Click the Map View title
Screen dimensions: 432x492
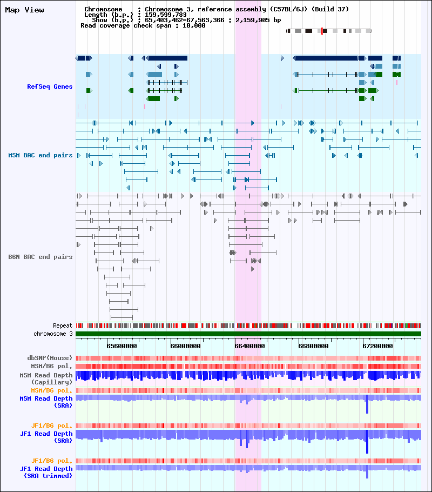(x=24, y=10)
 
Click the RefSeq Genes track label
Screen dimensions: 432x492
(x=50, y=87)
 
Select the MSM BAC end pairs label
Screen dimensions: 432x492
(x=40, y=155)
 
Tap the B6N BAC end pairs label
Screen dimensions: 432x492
(x=40, y=257)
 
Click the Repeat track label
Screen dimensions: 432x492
(x=63, y=325)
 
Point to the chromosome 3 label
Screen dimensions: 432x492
(x=53, y=334)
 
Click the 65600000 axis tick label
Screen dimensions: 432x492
(x=122, y=346)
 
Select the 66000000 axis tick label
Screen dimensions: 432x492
(x=186, y=346)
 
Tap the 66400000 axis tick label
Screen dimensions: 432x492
(x=249, y=346)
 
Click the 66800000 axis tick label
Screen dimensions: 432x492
(x=314, y=346)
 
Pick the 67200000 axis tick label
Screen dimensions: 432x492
(x=377, y=346)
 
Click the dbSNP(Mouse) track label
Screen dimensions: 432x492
(x=50, y=358)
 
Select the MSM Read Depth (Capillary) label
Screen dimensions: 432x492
(x=46, y=378)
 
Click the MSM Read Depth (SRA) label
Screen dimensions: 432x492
(x=46, y=402)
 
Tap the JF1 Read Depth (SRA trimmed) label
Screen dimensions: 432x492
(x=46, y=472)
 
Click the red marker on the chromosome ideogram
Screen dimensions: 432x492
(x=322, y=31)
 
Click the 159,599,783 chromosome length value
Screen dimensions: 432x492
(x=166, y=15)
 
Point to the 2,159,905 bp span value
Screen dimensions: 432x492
(x=258, y=20)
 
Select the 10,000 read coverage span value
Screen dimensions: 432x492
(x=194, y=26)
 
